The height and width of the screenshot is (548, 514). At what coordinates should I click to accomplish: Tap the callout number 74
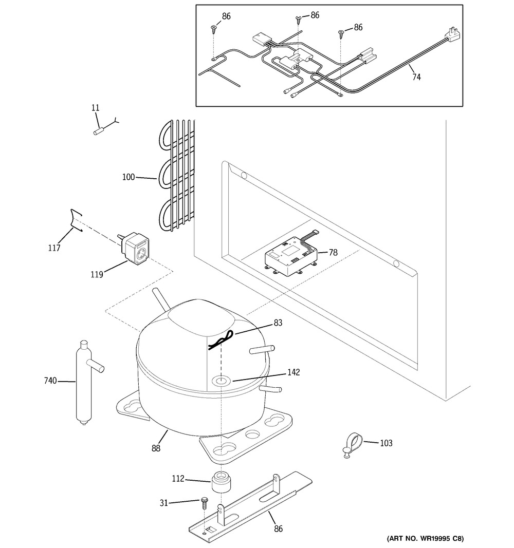416,77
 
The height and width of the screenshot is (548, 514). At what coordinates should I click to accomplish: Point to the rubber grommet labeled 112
221,482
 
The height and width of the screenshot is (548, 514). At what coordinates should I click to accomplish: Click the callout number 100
128,177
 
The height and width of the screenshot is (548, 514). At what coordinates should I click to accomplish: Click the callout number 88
156,448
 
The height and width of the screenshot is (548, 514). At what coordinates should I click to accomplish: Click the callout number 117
54,248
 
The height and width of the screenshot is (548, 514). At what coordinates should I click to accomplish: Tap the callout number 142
293,372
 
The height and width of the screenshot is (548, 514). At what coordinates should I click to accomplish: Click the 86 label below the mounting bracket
278,529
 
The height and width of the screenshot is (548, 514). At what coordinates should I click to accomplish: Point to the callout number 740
50,381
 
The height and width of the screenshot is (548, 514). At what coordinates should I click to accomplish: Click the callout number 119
97,274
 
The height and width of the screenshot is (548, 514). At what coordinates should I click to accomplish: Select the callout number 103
387,443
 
